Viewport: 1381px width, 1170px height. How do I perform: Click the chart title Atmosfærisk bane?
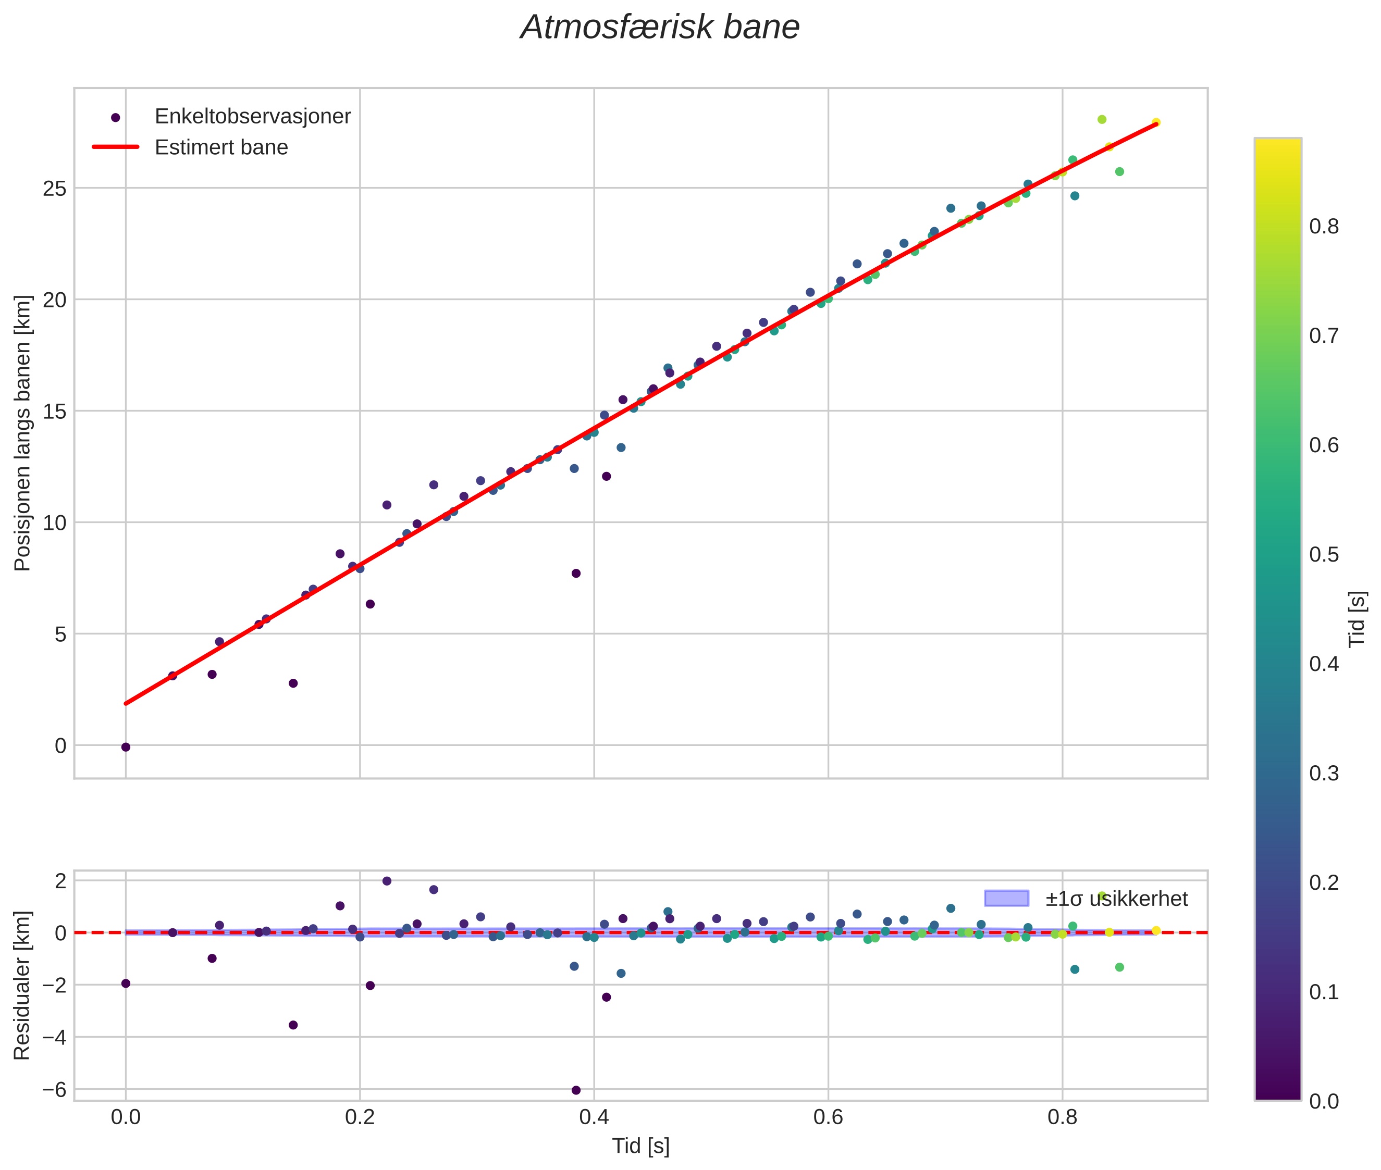660,28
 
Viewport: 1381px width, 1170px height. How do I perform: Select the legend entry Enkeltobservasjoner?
252,117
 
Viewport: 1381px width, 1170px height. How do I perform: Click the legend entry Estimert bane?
221,147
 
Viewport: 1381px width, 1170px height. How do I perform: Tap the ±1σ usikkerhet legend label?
1116,899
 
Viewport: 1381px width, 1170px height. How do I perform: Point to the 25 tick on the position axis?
55,189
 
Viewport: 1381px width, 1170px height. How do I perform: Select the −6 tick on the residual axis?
52,1090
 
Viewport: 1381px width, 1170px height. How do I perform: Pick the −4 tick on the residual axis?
52,1037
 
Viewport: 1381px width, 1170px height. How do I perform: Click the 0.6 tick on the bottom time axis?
828,1117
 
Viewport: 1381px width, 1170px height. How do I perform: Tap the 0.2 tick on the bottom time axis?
360,1117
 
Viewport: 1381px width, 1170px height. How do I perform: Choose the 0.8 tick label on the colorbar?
1324,227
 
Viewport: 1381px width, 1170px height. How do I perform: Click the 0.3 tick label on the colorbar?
1324,774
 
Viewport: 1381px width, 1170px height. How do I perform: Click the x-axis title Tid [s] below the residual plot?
640,1146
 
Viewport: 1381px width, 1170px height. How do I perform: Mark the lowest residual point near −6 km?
576,1090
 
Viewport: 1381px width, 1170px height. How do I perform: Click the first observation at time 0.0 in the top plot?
126,748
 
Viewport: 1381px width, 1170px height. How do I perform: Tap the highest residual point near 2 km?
387,881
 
